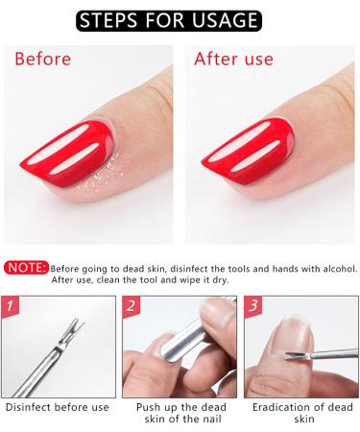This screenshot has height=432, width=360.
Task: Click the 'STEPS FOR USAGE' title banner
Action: click(x=180, y=19)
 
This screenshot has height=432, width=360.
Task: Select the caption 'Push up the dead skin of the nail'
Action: click(x=179, y=414)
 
